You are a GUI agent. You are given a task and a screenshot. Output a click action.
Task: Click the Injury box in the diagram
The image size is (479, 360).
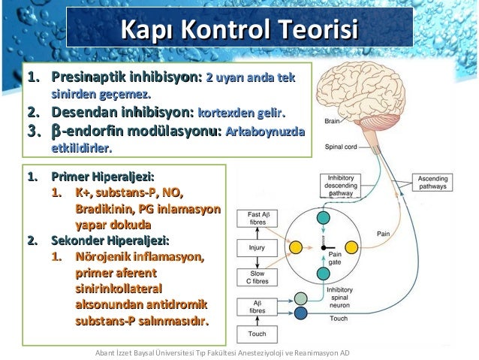pyautogui.click(x=256, y=247)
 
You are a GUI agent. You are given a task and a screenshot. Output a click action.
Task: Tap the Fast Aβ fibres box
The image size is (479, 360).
pyautogui.click(x=256, y=219)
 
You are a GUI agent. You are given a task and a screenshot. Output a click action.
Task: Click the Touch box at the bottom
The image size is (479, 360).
pyautogui.click(x=256, y=333)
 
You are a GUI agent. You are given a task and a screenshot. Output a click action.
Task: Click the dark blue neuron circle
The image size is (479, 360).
pyautogui.click(x=300, y=313)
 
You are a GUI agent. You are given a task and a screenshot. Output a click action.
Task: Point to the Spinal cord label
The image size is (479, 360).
pyautogui.click(x=339, y=147)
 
